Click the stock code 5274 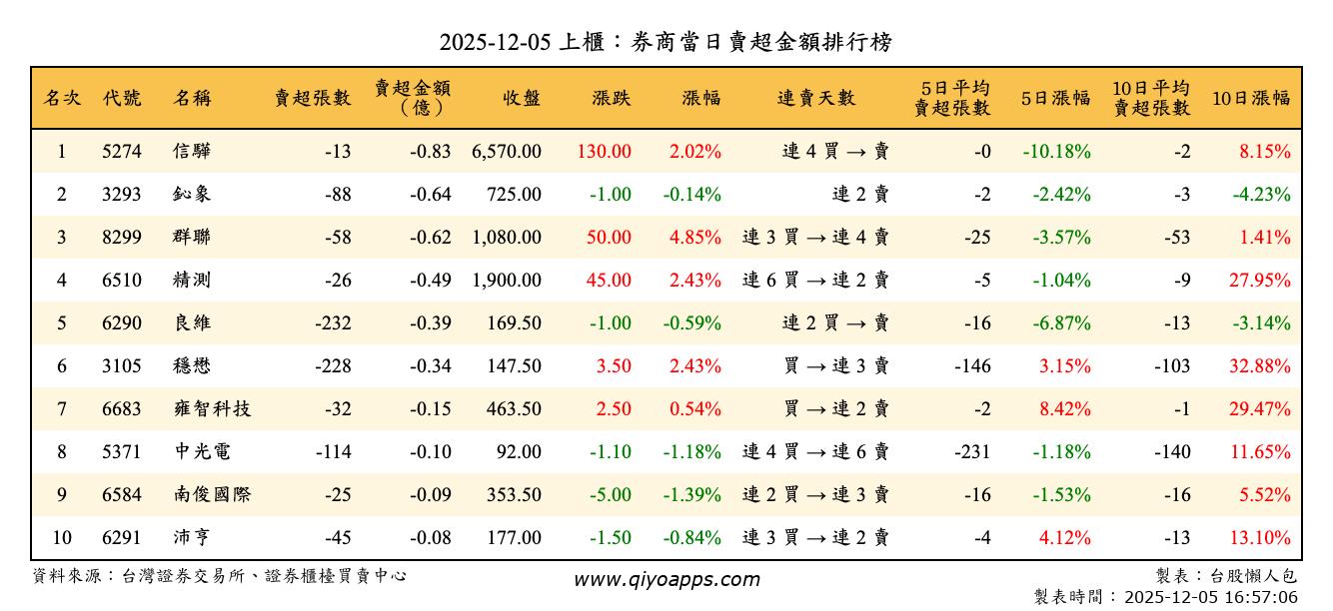[x=122, y=152]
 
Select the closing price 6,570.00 [x=506, y=152]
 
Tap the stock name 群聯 [x=192, y=238]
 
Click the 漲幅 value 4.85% [x=695, y=238]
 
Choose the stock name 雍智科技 [x=212, y=409]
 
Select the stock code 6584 [x=122, y=495]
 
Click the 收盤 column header [x=522, y=98]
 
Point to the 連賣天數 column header [x=816, y=98]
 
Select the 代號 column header [x=122, y=98]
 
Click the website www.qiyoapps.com [x=666, y=579]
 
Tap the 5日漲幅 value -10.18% [x=1056, y=152]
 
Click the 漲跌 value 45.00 [x=609, y=281]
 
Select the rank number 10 [x=62, y=538]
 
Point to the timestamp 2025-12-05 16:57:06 [x=1211, y=597]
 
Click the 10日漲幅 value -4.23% [x=1261, y=195]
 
